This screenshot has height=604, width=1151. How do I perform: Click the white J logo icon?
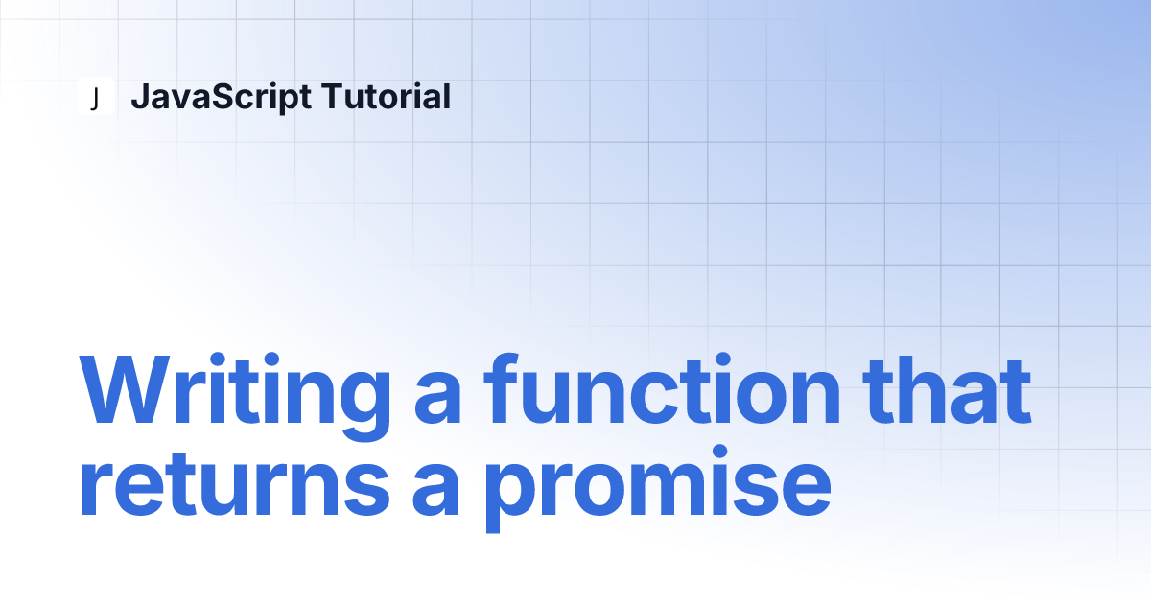(96, 96)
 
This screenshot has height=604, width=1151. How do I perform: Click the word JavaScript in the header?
(222, 97)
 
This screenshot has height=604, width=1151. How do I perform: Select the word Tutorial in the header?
(386, 96)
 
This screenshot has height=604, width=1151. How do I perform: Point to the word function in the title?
(663, 389)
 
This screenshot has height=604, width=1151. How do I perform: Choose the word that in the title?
(947, 390)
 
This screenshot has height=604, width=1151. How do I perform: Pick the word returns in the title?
(234, 485)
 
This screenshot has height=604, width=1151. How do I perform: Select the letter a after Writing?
(437, 399)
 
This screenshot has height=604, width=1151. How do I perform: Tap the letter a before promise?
(435, 491)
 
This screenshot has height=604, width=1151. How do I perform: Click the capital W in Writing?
(125, 390)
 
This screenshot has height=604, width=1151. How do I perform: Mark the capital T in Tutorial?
(335, 96)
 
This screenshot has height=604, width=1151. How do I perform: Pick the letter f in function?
(501, 389)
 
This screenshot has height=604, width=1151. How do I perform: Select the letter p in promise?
(514, 499)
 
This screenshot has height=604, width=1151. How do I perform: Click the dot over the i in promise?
(719, 453)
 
